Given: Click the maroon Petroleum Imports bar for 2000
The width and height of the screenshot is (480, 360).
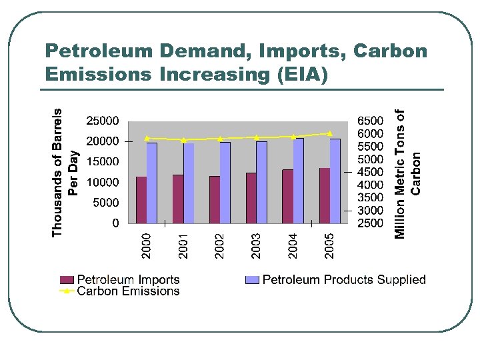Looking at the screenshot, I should [141, 199].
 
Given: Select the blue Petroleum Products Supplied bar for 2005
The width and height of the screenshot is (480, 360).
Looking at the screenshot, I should [335, 181].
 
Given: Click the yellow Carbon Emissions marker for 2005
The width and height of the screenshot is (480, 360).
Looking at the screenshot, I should [329, 133].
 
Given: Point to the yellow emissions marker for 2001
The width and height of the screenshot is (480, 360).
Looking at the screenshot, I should [183, 140].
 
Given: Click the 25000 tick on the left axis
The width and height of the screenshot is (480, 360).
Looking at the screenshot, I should [103, 121].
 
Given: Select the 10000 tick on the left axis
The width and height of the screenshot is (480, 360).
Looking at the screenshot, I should [103, 182].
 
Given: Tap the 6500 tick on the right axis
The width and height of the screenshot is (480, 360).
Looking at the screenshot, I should [371, 121].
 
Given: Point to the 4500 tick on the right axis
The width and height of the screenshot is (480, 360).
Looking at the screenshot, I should [371, 172].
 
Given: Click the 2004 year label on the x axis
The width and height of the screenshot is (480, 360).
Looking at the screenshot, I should [293, 245].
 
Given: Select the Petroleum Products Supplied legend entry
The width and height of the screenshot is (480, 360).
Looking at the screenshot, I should [343, 280].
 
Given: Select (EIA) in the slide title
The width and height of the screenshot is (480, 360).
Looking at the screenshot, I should [303, 75].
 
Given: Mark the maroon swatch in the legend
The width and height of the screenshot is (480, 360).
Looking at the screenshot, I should [67, 280].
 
